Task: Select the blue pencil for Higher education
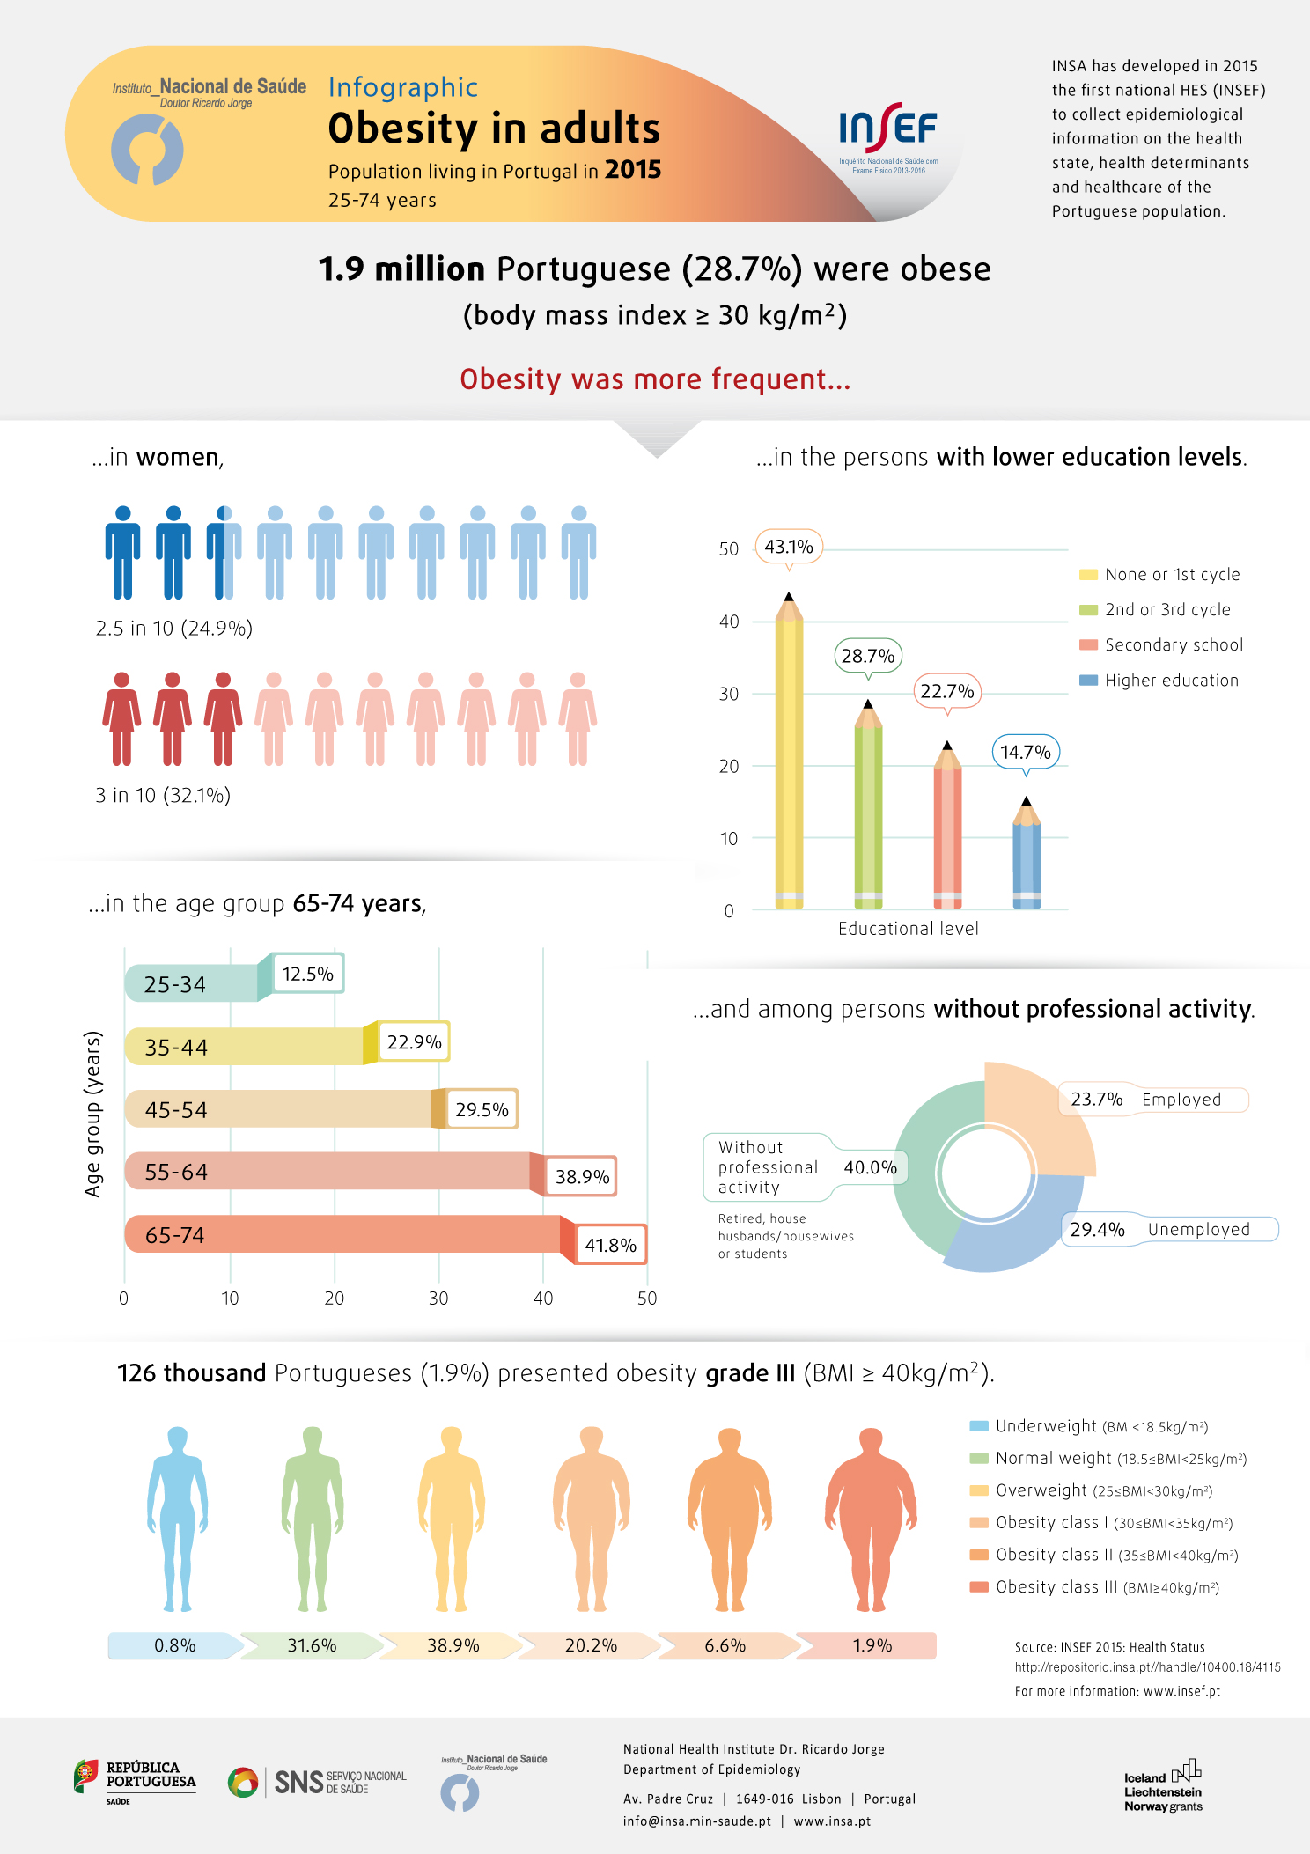[x=1027, y=853]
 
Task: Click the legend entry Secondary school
[x=1161, y=645]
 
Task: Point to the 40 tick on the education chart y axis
[x=729, y=622]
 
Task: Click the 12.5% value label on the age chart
[x=307, y=974]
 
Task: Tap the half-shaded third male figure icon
[x=224, y=553]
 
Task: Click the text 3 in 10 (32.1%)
[x=163, y=796]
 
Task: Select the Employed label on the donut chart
[x=1181, y=1100]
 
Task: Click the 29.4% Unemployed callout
[x=1170, y=1229]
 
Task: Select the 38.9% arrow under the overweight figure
[x=453, y=1645]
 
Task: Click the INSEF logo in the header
[x=889, y=137]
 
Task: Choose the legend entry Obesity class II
[x=1104, y=1556]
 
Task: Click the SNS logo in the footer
[x=317, y=1783]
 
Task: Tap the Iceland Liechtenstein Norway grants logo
[x=1163, y=1786]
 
